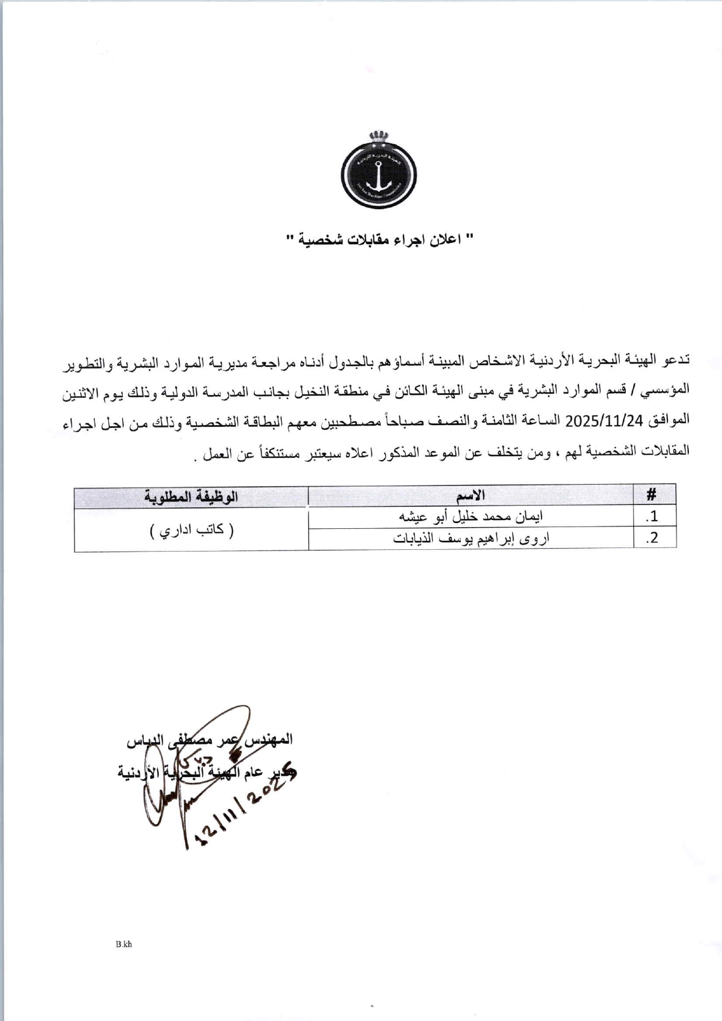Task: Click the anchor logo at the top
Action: [x=378, y=175]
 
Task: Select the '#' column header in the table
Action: [x=652, y=495]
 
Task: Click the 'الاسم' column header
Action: [x=470, y=496]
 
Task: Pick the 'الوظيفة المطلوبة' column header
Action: [x=192, y=497]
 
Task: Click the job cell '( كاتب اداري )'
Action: [x=192, y=530]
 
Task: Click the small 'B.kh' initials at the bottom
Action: [x=123, y=944]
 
